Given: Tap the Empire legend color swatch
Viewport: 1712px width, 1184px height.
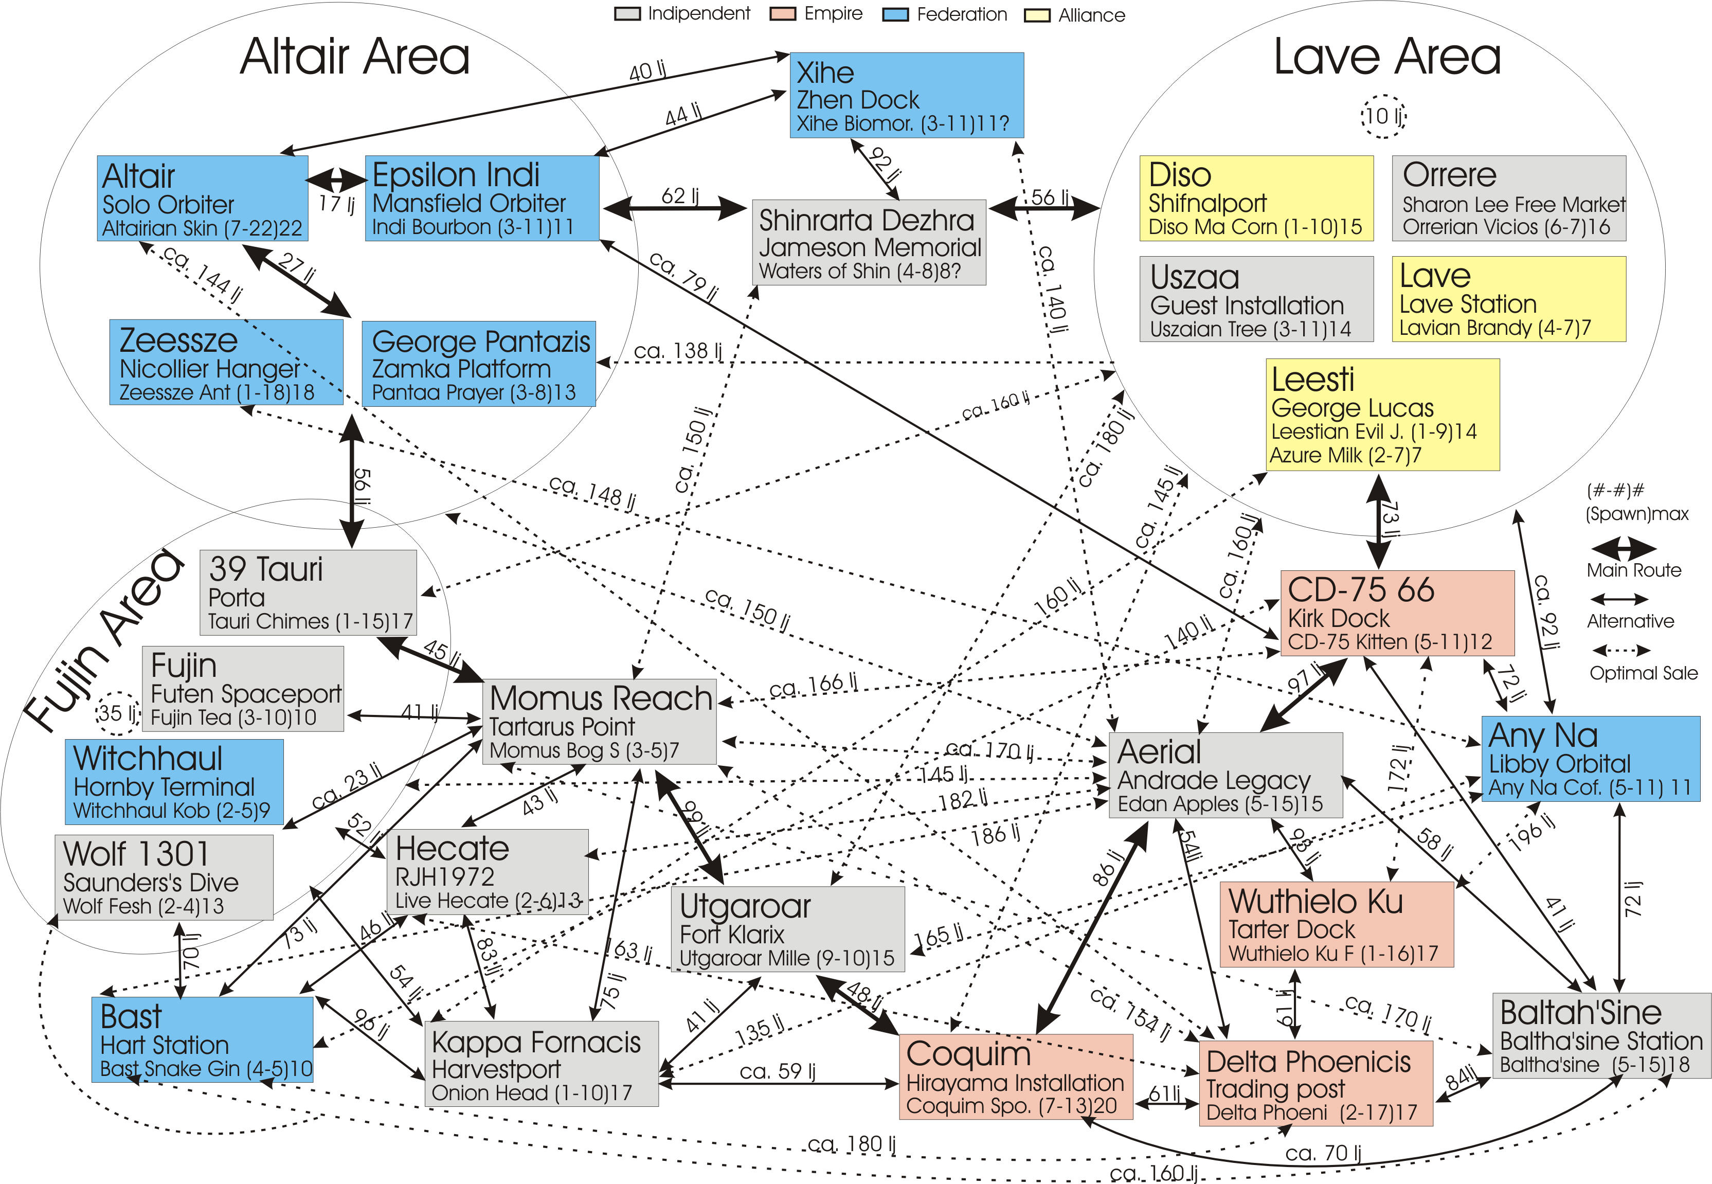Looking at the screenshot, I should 783,14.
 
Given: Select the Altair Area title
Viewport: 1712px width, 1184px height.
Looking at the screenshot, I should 354,57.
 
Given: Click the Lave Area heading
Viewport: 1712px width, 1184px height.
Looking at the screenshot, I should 1386,57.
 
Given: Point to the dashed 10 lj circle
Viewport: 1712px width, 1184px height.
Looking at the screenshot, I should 1383,116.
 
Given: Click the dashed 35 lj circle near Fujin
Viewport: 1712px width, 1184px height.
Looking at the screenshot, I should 117,713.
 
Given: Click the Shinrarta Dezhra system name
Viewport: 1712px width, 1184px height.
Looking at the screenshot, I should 866,220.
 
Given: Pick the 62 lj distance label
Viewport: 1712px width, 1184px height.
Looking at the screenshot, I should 679,196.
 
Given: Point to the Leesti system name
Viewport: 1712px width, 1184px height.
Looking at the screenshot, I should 1312,380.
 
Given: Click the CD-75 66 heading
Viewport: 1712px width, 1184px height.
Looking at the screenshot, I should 1360,590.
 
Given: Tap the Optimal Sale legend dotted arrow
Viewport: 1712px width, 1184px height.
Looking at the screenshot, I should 1621,651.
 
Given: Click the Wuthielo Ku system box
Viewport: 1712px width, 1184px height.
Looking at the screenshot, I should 1336,924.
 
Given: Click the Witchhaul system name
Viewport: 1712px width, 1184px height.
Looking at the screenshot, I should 148,758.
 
